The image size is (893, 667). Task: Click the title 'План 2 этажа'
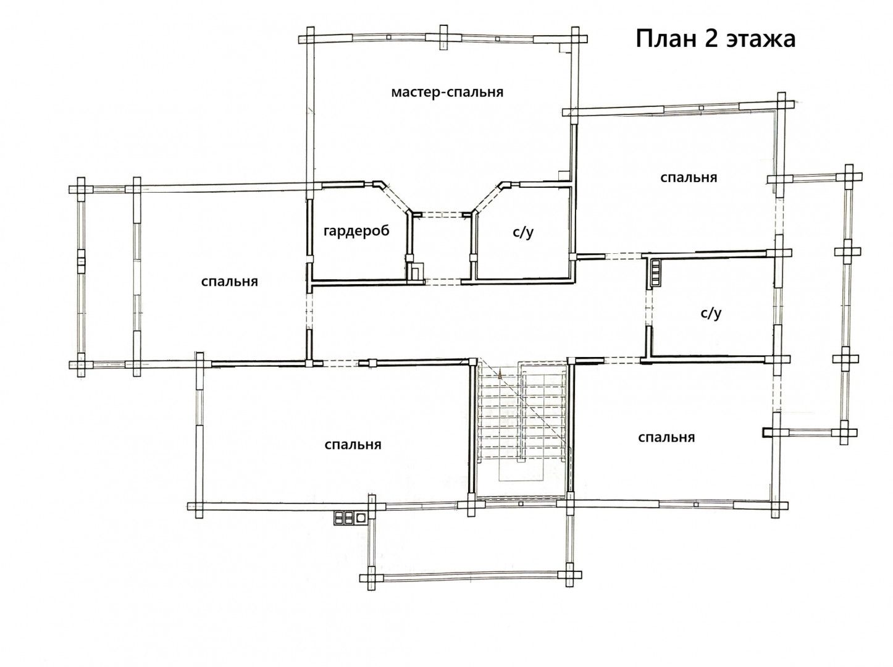tap(715, 39)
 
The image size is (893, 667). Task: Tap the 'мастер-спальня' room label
tap(446, 92)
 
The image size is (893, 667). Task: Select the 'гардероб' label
tap(356, 231)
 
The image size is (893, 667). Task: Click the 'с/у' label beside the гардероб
tap(522, 232)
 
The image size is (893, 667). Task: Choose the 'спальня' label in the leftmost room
tap(230, 282)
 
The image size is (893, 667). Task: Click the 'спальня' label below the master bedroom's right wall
tap(689, 178)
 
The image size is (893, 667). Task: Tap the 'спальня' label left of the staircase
tap(353, 445)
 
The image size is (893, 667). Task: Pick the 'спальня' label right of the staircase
tap(666, 438)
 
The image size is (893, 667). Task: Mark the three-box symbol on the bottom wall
tap(350, 518)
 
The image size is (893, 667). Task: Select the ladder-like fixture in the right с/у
tap(655, 272)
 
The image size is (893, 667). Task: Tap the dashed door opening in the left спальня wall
tap(309, 311)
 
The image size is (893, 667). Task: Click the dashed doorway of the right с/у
tap(648, 307)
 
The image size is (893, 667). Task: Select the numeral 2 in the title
tap(711, 39)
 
